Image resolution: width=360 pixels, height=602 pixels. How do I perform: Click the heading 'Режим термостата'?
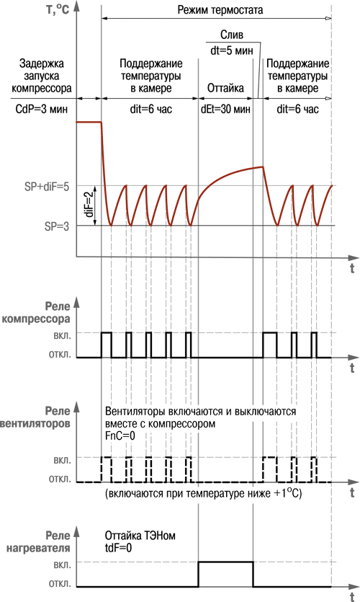point(220,9)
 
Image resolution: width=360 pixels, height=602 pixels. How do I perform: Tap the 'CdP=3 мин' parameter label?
point(42,109)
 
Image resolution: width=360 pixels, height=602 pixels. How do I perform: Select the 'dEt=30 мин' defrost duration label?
point(225,109)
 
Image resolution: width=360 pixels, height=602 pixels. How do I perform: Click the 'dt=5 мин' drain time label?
point(232,50)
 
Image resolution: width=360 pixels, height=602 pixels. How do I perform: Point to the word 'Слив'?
point(232,35)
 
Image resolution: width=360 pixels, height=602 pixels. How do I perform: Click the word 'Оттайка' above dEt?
point(225,88)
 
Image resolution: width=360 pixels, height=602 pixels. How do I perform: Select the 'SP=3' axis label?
point(57,226)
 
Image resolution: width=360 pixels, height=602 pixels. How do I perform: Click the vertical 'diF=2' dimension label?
point(89,205)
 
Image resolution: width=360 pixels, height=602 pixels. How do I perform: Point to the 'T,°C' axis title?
point(58,9)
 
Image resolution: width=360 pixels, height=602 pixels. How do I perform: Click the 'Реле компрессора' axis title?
point(37,313)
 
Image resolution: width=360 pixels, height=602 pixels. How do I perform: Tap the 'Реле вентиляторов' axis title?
point(35,417)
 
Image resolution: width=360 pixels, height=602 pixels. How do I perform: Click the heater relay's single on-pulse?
point(226,562)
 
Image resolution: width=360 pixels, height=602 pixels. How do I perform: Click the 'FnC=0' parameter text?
point(120,435)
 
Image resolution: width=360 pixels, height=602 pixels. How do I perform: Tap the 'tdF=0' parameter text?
point(118,547)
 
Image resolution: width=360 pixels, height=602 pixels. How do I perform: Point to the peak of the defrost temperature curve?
point(263,167)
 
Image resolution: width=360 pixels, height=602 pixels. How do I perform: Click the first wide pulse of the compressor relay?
point(107,333)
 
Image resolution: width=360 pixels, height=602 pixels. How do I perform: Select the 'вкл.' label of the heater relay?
point(62,562)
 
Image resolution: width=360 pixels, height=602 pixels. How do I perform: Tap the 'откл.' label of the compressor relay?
point(60,355)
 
